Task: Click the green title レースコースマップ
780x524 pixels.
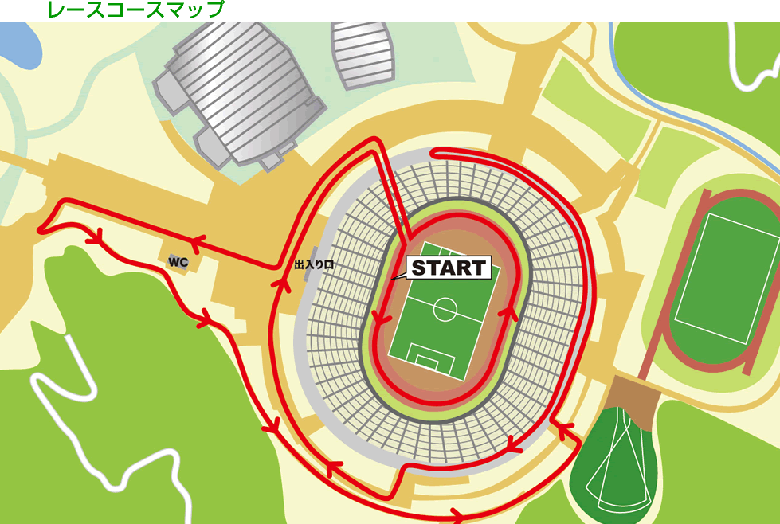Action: point(135,10)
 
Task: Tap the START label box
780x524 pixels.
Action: point(448,268)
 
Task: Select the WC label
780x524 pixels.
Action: point(177,261)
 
